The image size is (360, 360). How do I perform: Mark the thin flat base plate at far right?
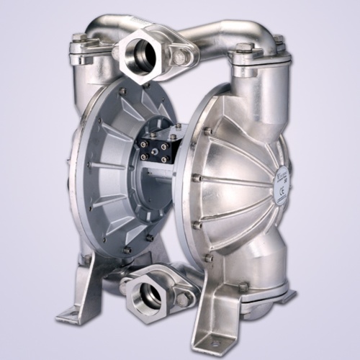coord(284,296)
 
